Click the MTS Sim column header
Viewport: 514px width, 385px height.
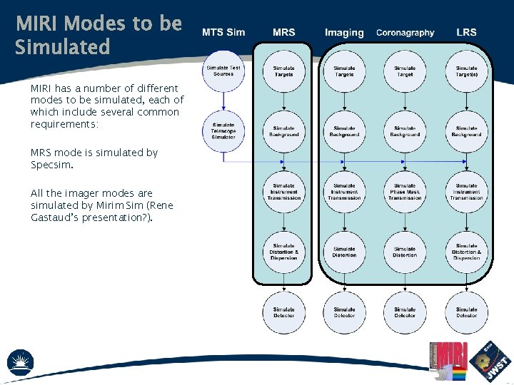(x=223, y=32)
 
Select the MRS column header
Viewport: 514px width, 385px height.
(x=283, y=32)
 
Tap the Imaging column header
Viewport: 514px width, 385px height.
(x=344, y=33)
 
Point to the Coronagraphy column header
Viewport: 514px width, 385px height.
(x=405, y=33)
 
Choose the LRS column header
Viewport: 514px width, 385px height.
(x=466, y=32)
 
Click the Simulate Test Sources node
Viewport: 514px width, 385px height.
(x=223, y=71)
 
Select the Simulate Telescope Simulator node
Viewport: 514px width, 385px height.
(x=223, y=131)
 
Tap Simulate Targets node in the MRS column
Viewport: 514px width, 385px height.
(x=283, y=71)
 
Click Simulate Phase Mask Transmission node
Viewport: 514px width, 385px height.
(x=405, y=192)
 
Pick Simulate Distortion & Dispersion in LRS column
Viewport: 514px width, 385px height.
(x=466, y=252)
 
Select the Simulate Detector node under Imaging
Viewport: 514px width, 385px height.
(x=344, y=312)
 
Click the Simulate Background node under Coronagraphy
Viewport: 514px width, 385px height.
(x=405, y=131)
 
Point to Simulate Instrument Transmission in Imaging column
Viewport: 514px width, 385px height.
(x=344, y=192)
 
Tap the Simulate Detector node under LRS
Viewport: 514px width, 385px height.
(x=466, y=312)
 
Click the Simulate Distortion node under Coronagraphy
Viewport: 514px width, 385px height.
(x=405, y=252)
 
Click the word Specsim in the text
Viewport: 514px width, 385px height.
(x=51, y=165)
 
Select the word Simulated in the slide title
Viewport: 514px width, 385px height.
(x=63, y=47)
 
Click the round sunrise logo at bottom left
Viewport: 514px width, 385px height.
(x=20, y=363)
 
